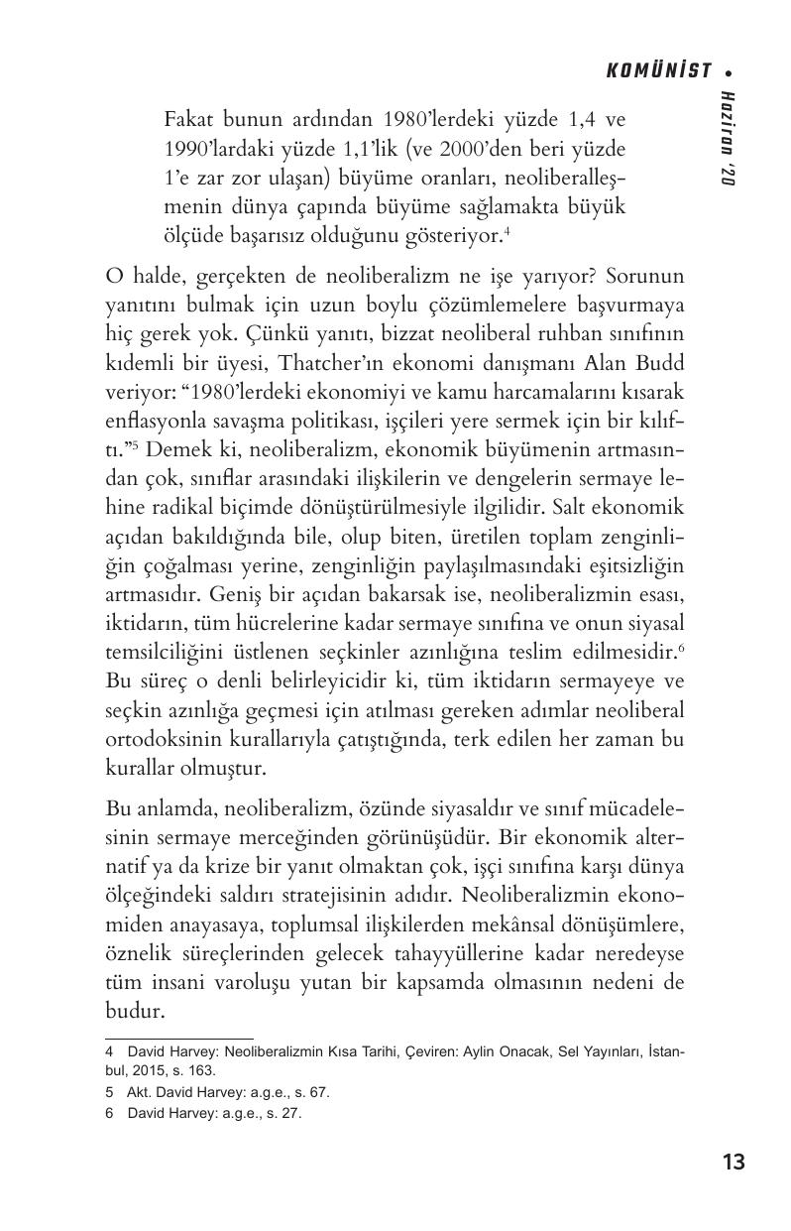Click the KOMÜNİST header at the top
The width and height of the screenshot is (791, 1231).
tap(658, 70)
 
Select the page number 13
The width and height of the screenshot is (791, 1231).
tap(734, 1162)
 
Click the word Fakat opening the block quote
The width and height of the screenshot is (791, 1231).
tap(190, 121)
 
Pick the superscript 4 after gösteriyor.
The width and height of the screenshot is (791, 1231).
tap(507, 232)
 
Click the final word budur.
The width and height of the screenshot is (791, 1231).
tap(133, 1012)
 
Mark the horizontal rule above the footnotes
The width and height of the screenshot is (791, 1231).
tap(178, 1038)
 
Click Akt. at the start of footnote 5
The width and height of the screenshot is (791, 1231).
tap(140, 1092)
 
